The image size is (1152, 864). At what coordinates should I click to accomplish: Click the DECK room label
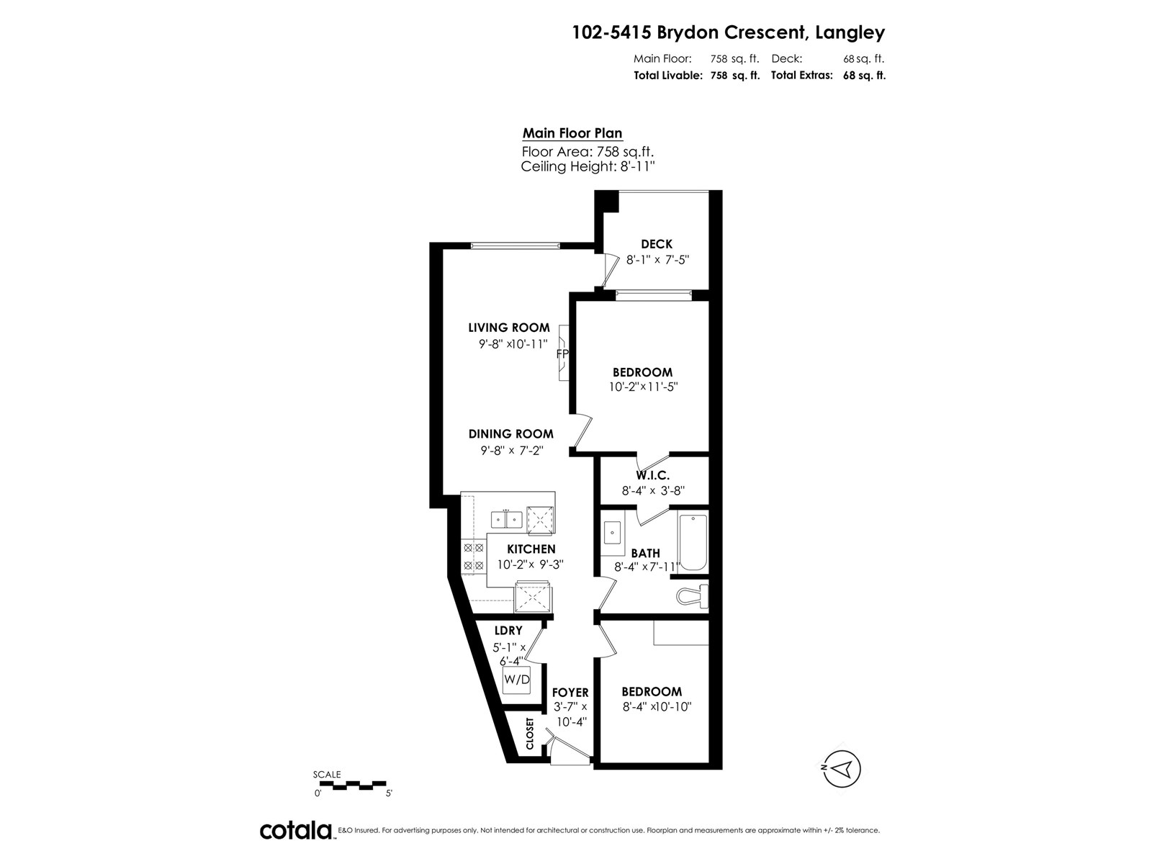pyautogui.click(x=657, y=244)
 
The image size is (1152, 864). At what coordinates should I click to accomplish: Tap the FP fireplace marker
pyautogui.click(x=562, y=354)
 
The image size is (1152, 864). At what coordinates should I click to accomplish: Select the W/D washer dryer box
pyautogui.click(x=516, y=680)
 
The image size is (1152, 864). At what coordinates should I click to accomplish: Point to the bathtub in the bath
pyautogui.click(x=693, y=542)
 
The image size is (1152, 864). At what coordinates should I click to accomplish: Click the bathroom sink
pyautogui.click(x=612, y=533)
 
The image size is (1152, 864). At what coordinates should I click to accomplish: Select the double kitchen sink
pyautogui.click(x=506, y=519)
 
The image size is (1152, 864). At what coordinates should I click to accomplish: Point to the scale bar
pyautogui.click(x=353, y=786)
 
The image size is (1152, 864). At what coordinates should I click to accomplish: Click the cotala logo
pyautogui.click(x=297, y=830)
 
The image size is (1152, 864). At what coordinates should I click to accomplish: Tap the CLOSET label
pyautogui.click(x=529, y=734)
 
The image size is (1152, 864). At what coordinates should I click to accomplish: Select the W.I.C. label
pyautogui.click(x=653, y=476)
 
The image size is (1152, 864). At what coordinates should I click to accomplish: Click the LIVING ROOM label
pyautogui.click(x=509, y=328)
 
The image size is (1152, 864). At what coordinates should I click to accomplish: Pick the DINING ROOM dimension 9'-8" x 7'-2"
pyautogui.click(x=512, y=450)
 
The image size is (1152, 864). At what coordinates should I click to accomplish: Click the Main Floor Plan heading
pyautogui.click(x=572, y=133)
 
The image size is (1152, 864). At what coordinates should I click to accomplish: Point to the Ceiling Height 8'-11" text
pyautogui.click(x=588, y=166)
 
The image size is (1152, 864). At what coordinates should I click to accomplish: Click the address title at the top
pyautogui.click(x=729, y=32)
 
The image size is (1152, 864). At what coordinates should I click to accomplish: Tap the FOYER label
pyautogui.click(x=570, y=693)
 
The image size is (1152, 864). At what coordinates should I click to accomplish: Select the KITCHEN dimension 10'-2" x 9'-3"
pyautogui.click(x=531, y=564)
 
